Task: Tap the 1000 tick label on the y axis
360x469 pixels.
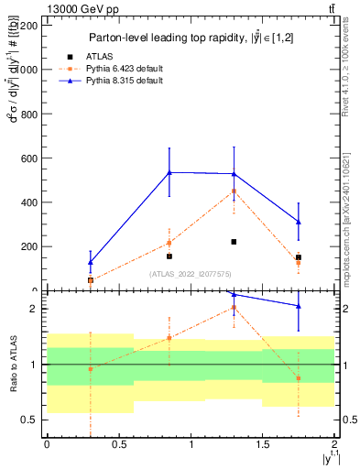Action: point(26,70)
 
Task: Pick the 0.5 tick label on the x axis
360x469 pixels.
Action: point(118,444)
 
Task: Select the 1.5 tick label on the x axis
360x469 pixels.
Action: point(263,444)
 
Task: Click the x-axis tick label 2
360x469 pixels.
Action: point(334,444)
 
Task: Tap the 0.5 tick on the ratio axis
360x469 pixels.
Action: point(31,420)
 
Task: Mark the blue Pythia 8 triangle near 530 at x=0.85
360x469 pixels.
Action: point(169,172)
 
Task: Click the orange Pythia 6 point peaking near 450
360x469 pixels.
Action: point(234,191)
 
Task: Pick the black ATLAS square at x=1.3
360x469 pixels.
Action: point(234,242)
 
